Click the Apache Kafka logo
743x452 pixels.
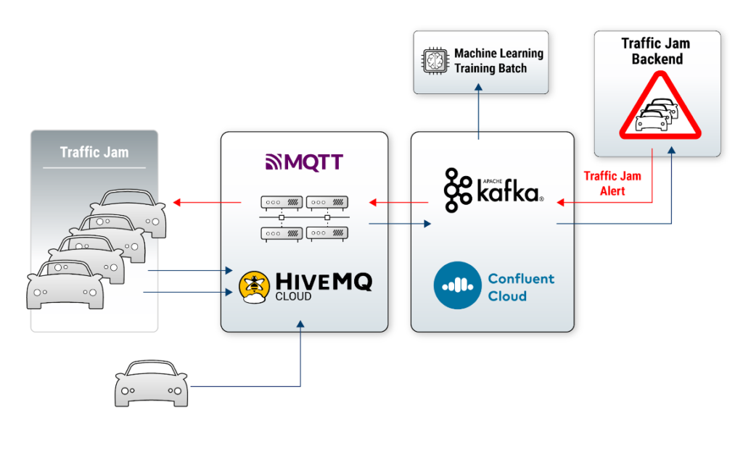493,189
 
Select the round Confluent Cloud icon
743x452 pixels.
457,285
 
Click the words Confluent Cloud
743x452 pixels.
520,287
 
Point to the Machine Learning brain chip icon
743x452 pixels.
435,62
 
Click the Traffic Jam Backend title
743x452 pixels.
656,51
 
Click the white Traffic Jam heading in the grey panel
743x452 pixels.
94,152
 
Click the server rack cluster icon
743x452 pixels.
304,217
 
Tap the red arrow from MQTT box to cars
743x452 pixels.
207,203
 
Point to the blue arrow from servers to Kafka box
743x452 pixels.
399,225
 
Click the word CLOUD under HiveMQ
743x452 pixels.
293,296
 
